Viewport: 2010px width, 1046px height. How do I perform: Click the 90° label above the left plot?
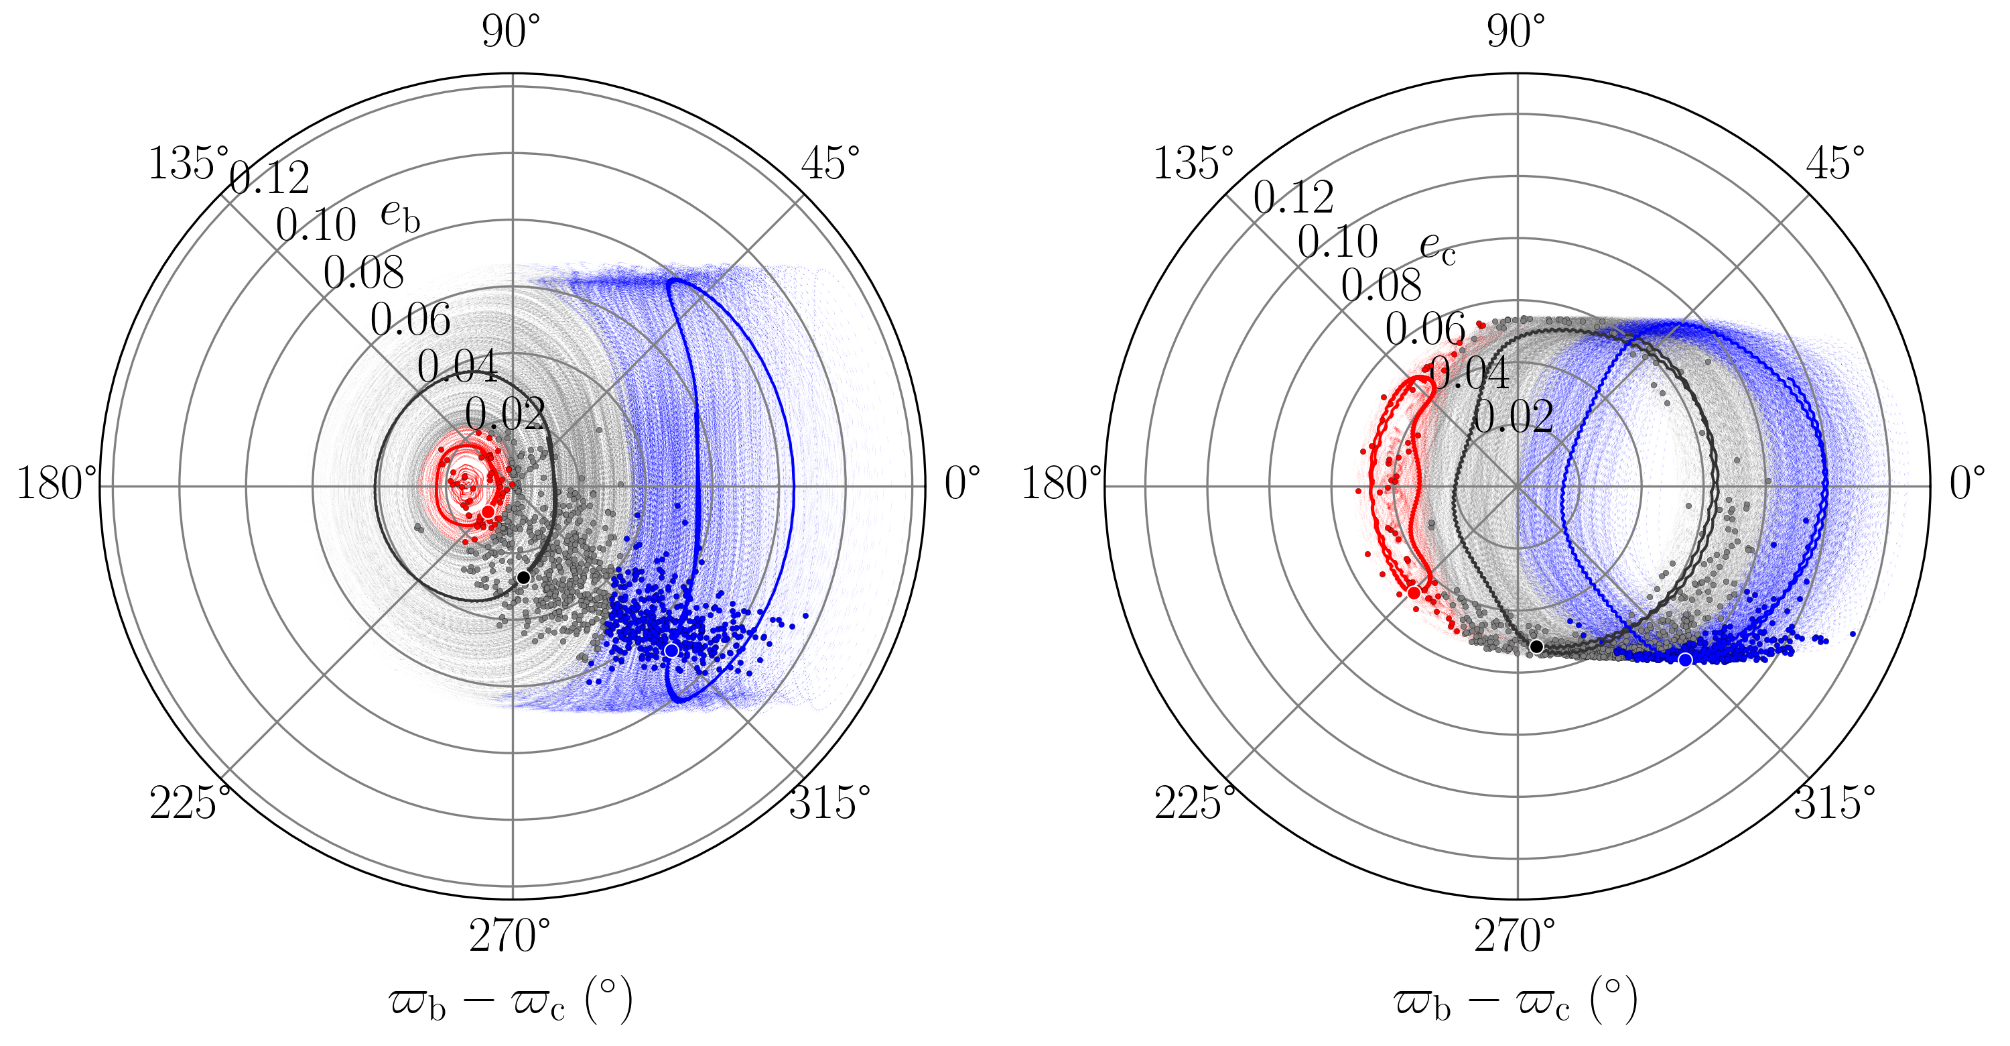(511, 32)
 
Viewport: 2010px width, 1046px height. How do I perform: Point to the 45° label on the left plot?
(830, 163)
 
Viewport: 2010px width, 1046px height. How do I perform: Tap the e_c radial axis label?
(1437, 248)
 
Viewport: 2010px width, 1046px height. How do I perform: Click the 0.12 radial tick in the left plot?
(270, 179)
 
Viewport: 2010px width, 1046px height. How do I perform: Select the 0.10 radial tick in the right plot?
(1337, 241)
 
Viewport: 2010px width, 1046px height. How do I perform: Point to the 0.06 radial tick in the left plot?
(411, 319)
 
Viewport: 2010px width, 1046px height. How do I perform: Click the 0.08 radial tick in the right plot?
(1381, 285)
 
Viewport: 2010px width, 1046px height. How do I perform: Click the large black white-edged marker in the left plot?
(523, 577)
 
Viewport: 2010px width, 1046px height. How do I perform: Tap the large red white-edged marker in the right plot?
(1414, 593)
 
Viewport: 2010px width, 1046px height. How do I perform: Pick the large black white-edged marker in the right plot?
(1536, 646)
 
